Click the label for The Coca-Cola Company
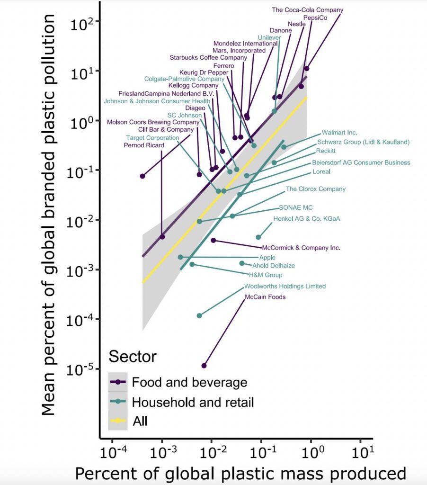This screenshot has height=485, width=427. [x=307, y=9]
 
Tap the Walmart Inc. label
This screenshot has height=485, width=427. [x=339, y=133]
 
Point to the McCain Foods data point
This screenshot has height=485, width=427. [x=204, y=366]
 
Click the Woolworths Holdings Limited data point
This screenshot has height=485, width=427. [x=199, y=315]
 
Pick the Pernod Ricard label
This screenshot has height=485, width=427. [x=144, y=145]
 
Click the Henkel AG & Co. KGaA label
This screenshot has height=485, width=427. [x=306, y=219]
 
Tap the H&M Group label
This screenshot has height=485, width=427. [x=265, y=275]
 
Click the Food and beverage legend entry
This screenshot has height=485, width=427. [x=189, y=382]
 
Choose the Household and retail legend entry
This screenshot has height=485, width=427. [x=193, y=402]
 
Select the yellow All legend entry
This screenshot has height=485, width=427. [x=140, y=421]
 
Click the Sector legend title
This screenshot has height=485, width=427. [x=133, y=356]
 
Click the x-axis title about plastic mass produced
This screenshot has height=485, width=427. [x=240, y=474]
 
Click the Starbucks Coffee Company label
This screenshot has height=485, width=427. [x=208, y=58]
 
